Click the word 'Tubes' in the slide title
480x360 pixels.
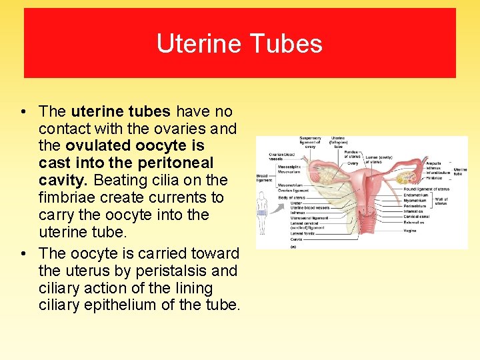293,44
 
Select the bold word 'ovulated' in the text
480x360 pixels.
97,146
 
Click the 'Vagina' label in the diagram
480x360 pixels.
410,231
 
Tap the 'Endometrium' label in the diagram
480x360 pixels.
417,195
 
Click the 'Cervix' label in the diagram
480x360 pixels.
296,239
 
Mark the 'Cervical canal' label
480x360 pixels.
417,217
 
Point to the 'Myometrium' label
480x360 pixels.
415,200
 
